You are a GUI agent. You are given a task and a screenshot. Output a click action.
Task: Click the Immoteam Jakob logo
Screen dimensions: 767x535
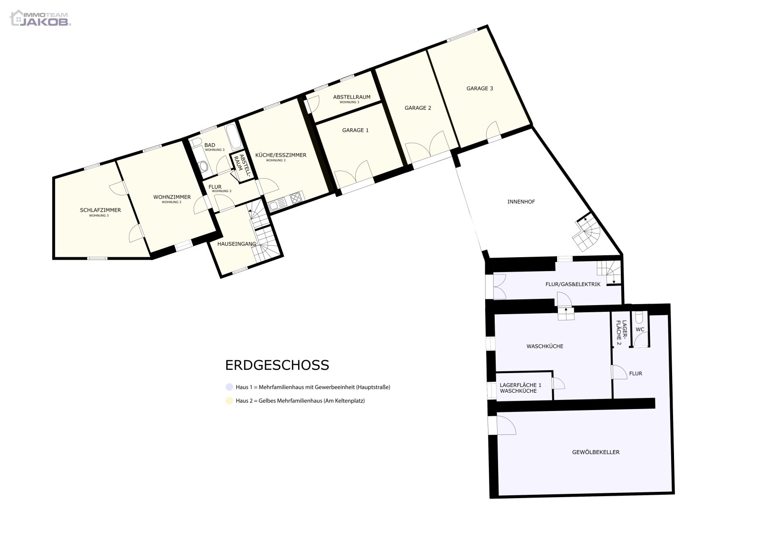pyautogui.click(x=40, y=18)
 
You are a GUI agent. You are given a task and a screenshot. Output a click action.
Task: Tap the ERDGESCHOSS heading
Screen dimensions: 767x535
pyautogui.click(x=277, y=365)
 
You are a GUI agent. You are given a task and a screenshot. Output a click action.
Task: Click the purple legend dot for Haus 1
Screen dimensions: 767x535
pyautogui.click(x=229, y=387)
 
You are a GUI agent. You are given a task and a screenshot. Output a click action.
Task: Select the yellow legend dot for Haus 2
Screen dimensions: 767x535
pyautogui.click(x=229, y=400)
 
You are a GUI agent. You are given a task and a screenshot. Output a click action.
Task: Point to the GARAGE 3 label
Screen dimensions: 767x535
pyautogui.click(x=479, y=88)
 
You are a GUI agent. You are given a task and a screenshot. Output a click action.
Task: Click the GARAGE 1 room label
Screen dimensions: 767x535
pyautogui.click(x=355, y=130)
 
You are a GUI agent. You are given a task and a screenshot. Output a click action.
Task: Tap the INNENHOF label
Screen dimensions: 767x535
pyautogui.click(x=521, y=202)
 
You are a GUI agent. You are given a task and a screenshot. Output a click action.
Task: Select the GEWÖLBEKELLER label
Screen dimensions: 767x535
pyautogui.click(x=595, y=452)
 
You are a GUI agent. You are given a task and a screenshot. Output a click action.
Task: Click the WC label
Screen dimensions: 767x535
pyautogui.click(x=639, y=330)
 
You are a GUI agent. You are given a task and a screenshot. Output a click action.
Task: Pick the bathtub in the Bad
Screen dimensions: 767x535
pyautogui.click(x=233, y=137)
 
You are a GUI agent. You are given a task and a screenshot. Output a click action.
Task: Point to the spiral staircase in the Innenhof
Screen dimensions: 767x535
pyautogui.click(x=587, y=233)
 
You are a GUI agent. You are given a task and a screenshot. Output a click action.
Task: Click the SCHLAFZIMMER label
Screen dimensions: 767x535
pyautogui.click(x=100, y=210)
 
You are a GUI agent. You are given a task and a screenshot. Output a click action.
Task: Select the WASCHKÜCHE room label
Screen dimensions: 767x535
pyautogui.click(x=545, y=346)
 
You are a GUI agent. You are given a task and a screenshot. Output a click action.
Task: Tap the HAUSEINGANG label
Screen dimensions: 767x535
pyautogui.click(x=237, y=244)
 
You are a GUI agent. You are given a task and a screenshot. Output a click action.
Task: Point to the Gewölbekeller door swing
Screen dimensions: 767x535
pyautogui.click(x=506, y=425)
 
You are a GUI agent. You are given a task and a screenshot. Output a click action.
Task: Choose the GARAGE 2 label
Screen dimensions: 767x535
pyautogui.click(x=418, y=108)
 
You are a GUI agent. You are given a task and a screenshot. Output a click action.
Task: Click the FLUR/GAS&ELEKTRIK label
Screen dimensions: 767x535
pyautogui.click(x=572, y=284)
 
